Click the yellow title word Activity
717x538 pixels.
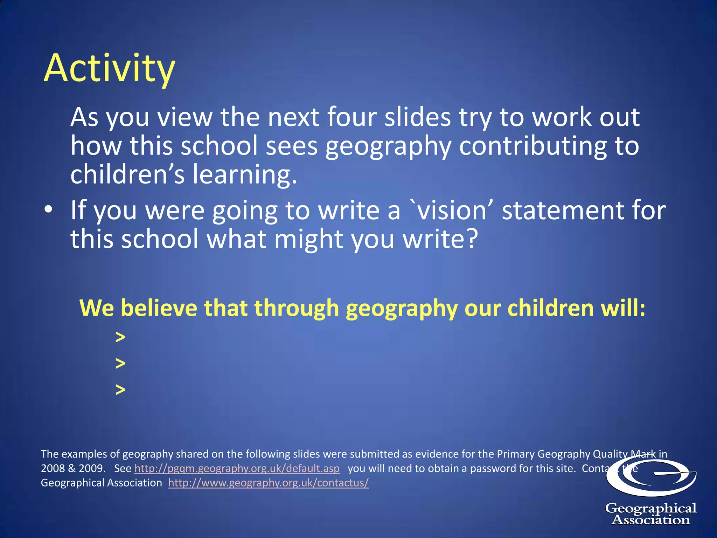(x=109, y=69)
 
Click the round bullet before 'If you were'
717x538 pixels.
(x=48, y=209)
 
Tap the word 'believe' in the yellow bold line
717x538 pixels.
(x=159, y=308)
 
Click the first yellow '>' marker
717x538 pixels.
(x=120, y=337)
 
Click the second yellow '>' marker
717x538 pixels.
(x=120, y=363)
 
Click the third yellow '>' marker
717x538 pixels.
(x=120, y=389)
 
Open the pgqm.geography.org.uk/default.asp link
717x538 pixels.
(x=237, y=468)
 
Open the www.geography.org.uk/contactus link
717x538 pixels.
(x=269, y=483)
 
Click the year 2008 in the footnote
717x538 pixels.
(x=53, y=468)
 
